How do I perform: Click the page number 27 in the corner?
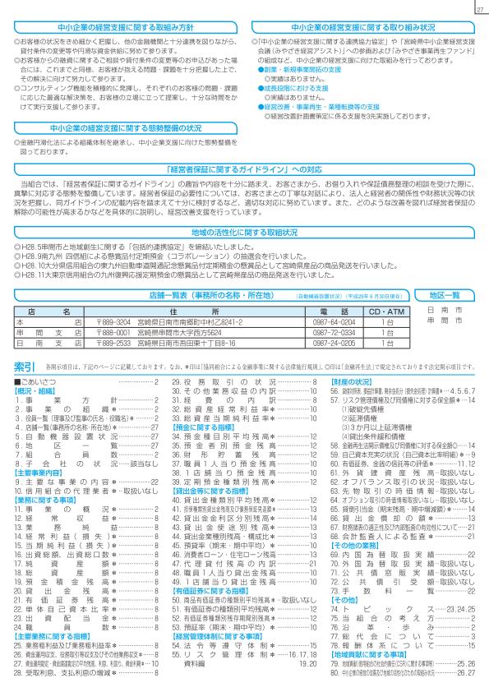(x=478, y=10)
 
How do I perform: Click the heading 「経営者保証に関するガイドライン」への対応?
(x=244, y=168)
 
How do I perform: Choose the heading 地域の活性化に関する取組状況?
(x=244, y=233)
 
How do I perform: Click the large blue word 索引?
(x=25, y=364)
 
